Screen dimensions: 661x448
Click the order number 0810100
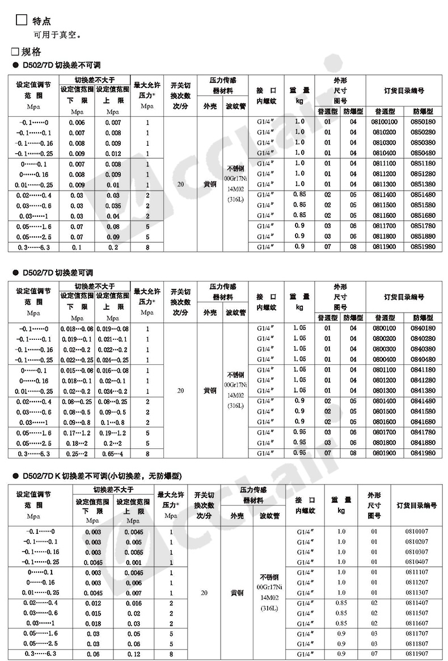(384, 122)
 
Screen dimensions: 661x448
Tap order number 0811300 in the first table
(384, 184)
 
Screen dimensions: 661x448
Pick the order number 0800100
(384, 328)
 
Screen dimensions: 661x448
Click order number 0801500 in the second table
(384, 411)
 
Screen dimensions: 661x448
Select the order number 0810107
(417, 531)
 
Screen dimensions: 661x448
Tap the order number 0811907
(417, 654)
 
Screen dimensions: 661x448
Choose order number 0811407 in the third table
(417, 603)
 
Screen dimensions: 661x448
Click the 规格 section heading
(31, 52)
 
